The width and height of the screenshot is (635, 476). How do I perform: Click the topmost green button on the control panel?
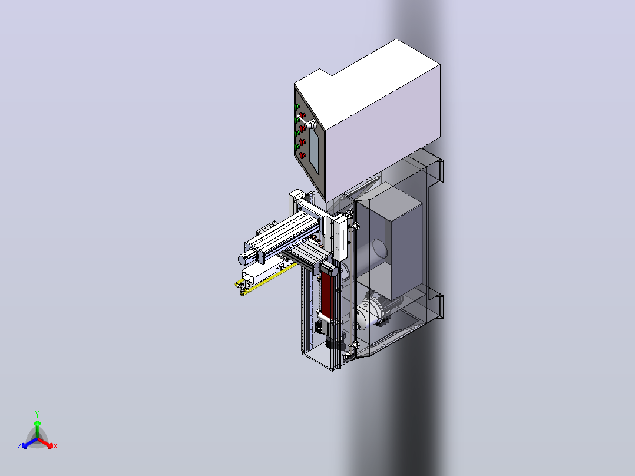[297, 106]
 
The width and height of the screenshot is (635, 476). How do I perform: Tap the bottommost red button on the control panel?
[302, 155]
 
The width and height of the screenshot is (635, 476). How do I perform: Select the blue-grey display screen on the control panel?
[314, 150]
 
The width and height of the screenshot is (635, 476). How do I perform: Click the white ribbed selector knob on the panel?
[311, 124]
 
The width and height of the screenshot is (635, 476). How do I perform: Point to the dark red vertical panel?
[326, 294]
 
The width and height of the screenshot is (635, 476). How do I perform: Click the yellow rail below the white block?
[265, 279]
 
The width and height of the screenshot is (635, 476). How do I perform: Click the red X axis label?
[55, 446]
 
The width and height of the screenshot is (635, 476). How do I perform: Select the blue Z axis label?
[19, 445]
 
